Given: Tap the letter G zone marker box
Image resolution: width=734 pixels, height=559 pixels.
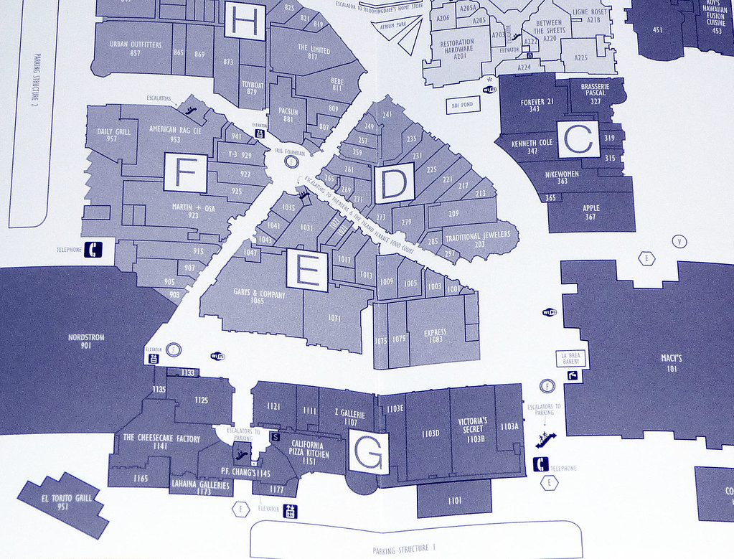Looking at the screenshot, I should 369,453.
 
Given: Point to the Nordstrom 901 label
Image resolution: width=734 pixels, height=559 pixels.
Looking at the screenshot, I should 86,341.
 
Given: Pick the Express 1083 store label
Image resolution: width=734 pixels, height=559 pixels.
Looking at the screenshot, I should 435,336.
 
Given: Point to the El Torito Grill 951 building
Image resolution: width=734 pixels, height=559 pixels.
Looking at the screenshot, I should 66,502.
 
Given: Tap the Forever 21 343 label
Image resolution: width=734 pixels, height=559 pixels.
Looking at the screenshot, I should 537,105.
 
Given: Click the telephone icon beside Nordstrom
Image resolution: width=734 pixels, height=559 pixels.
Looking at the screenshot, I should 94,250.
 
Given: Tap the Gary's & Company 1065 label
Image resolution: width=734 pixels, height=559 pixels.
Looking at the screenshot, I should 259,298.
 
